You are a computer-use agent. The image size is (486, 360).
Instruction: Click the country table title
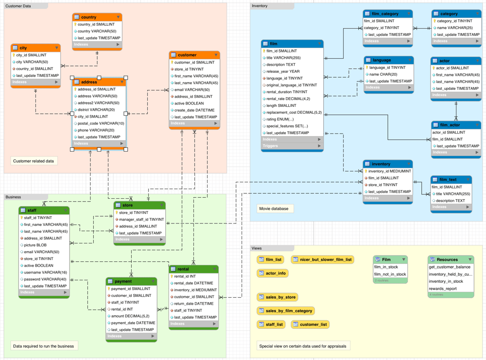point(89,17)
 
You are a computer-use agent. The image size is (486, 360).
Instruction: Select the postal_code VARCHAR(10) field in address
point(101,123)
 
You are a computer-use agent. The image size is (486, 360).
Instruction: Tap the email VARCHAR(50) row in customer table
point(192,89)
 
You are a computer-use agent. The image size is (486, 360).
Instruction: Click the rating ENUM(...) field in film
point(280,119)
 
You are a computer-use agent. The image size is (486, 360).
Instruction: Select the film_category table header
point(385,14)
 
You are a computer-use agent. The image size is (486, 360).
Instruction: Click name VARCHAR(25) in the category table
point(455,28)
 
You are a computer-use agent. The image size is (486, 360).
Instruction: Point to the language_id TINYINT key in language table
point(387,68)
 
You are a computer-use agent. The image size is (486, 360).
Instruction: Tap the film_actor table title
point(450,125)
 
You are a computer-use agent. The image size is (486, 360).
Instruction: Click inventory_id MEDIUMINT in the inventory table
point(389,171)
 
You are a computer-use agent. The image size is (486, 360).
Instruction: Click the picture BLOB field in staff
point(35,245)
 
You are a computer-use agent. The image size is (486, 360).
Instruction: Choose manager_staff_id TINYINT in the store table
point(141,219)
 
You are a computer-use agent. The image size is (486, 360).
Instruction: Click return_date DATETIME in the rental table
point(193,303)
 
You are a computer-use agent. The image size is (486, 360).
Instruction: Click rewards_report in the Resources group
point(442,288)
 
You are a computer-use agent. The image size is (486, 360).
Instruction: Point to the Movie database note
point(273,208)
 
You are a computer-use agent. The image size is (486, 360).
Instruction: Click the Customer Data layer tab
point(18,6)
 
